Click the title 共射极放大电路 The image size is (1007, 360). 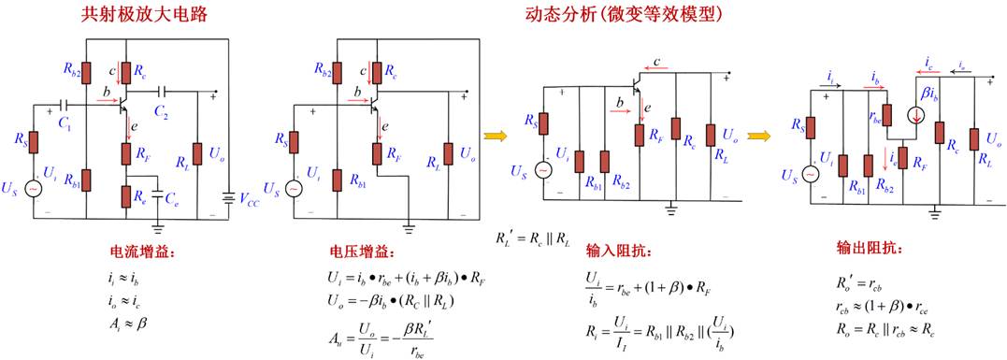tap(145, 15)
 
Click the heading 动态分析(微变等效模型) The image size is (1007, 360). tap(621, 15)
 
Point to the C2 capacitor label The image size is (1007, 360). tap(162, 112)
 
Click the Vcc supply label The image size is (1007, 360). tap(251, 197)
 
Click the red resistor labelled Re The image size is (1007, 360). tap(126, 195)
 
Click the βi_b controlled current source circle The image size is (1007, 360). tap(915, 116)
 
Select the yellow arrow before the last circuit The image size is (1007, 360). tap(758, 136)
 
